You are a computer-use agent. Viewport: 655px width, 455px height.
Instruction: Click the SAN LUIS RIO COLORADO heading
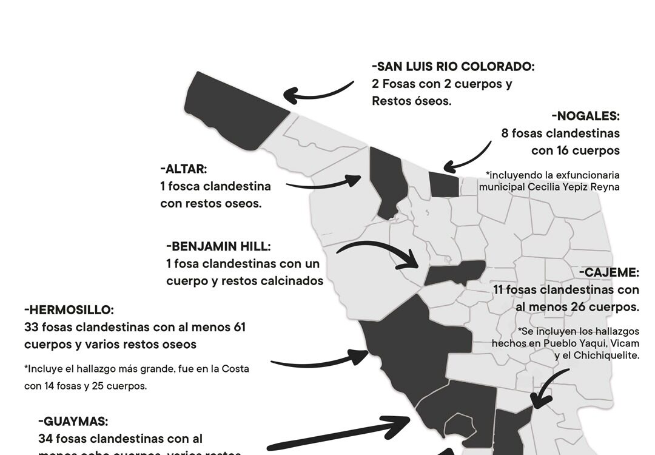coord(453,67)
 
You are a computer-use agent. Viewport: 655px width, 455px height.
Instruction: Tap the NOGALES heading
coord(586,116)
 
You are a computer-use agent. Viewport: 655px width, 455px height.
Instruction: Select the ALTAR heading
coord(184,169)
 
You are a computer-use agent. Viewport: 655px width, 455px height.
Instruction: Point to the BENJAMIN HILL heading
coord(218,246)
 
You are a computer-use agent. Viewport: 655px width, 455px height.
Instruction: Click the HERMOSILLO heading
coord(69,310)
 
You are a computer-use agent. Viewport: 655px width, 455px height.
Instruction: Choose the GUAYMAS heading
coord(73,421)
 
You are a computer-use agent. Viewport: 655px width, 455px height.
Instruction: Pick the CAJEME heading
coord(612,273)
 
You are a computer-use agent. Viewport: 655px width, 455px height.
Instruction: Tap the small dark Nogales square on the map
coord(443,184)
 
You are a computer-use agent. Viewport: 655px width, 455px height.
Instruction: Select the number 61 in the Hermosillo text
coord(239,328)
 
